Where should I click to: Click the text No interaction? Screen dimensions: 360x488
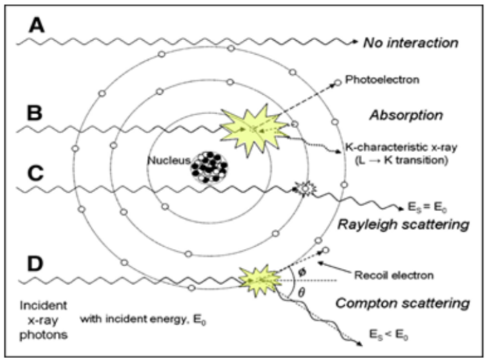(411, 42)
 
